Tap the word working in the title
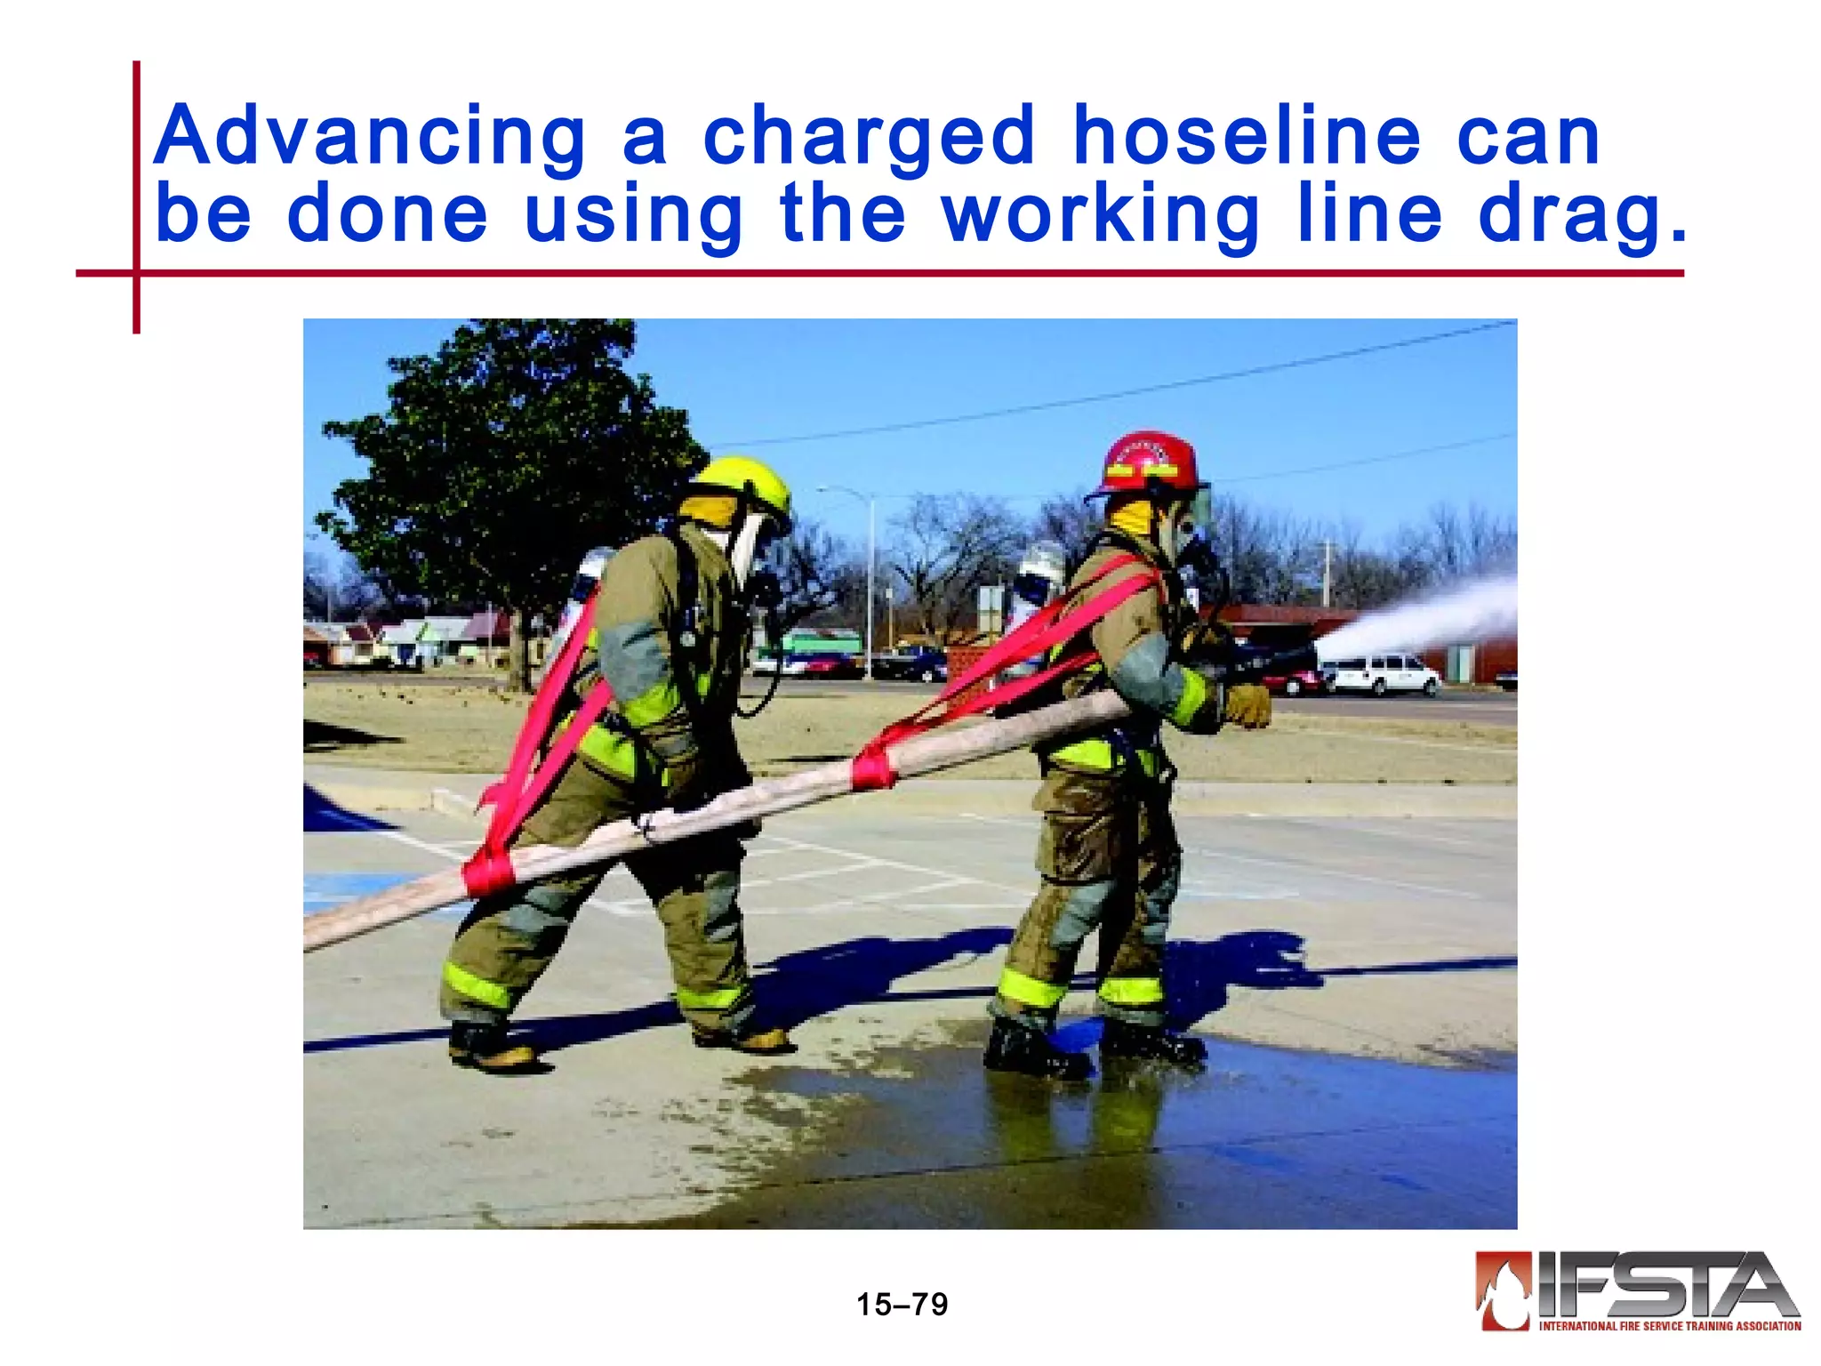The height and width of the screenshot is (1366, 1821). [x=1101, y=215]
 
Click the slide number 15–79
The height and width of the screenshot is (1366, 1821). [x=902, y=1305]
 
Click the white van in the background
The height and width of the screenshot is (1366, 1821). [x=1381, y=673]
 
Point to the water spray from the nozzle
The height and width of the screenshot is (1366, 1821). [x=1423, y=618]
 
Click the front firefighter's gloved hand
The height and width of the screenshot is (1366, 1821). [x=1247, y=704]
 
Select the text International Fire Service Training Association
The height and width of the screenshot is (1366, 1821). [x=1670, y=1326]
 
